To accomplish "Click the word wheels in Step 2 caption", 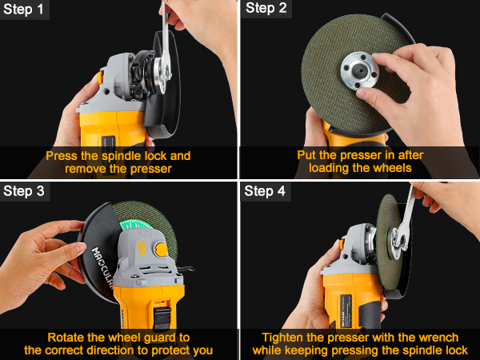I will (393, 169).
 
